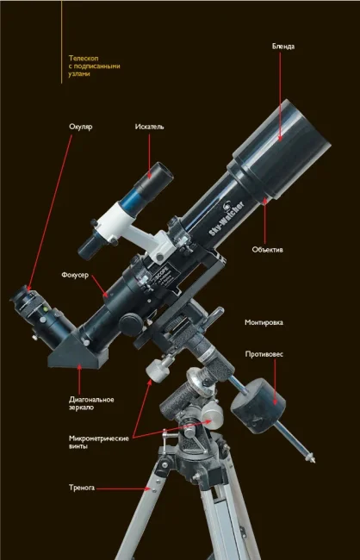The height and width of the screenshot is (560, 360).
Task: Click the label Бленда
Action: pos(283,47)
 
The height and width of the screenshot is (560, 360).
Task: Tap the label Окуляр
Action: pos(81,128)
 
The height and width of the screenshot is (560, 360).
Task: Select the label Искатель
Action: pos(149,127)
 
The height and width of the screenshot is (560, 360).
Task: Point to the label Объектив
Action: pos(268,250)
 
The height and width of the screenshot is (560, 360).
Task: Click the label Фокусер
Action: pos(75,276)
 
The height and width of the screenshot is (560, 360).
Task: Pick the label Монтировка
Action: pos(264,322)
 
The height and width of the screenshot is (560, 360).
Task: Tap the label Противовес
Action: pos(264,354)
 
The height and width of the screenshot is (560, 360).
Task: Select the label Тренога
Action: pos(82,488)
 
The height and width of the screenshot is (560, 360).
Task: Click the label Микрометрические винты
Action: pos(98,443)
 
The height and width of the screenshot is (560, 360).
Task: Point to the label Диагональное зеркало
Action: pos(91,403)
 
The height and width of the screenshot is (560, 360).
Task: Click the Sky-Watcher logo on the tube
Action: pos(227,218)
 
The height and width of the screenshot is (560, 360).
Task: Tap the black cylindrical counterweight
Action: pos(258,406)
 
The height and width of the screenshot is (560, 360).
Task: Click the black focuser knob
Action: pos(131,325)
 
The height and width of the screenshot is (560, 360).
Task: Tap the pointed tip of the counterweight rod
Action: pos(314,462)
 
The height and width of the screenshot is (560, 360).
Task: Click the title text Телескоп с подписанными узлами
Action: pos(94,66)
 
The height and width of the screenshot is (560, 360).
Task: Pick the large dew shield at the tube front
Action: pos(282,149)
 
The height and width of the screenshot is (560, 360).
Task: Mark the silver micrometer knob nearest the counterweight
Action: pos(212,415)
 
